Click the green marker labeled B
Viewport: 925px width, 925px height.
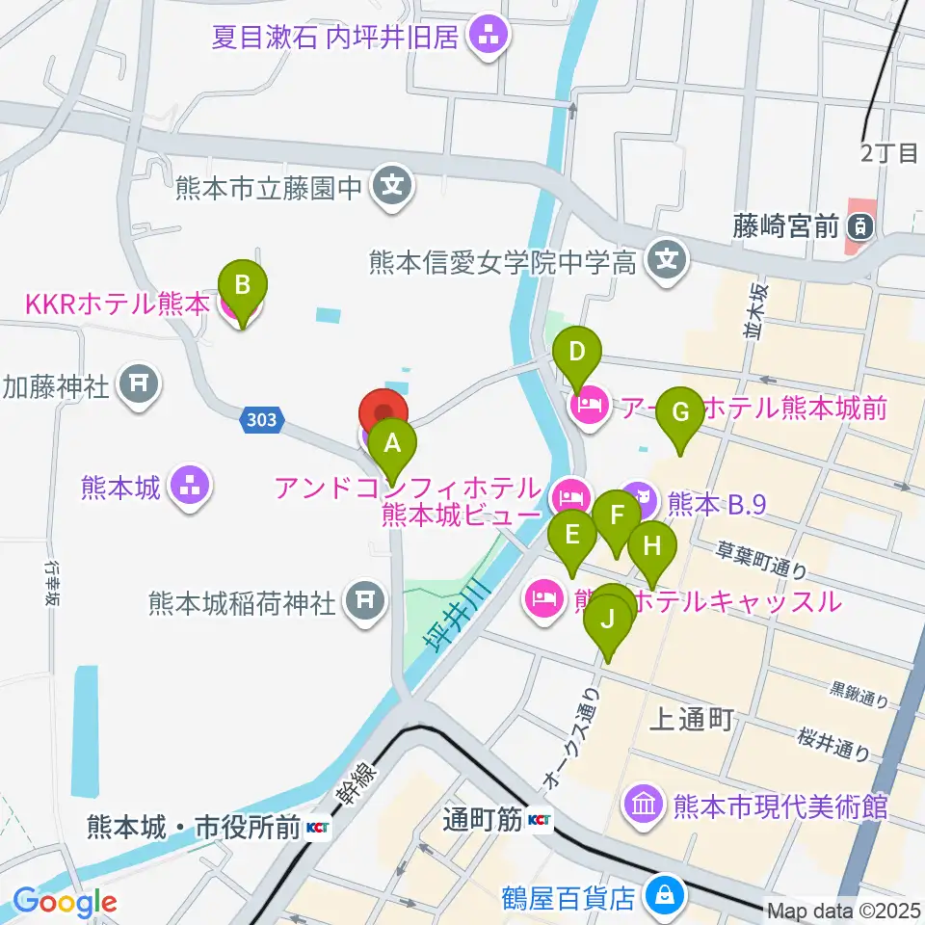coord(243,288)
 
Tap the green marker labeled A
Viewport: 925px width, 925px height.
coord(391,446)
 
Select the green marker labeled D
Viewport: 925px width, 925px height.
coord(576,354)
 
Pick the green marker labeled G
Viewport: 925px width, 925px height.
coord(680,414)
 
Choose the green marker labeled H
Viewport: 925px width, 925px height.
coord(652,549)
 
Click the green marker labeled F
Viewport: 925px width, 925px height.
coord(617,517)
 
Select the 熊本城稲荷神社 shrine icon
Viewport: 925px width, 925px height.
coord(363,602)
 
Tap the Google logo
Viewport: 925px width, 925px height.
coord(66,903)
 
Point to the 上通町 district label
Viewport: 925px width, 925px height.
coord(693,718)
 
